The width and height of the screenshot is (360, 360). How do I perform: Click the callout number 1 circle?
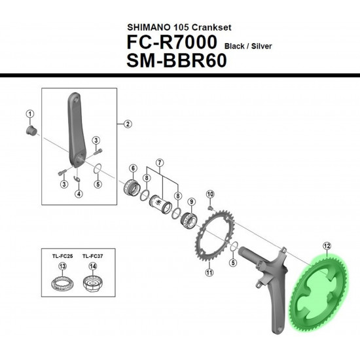tap(30, 114)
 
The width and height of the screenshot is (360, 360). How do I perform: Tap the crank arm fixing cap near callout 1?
tap(31, 131)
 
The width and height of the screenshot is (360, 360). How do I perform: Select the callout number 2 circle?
tap(128, 124)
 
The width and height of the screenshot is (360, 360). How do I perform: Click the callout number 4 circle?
tap(79, 194)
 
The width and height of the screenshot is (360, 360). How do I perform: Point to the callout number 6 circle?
tap(133, 168)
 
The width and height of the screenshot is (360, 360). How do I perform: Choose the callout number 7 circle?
tap(160, 163)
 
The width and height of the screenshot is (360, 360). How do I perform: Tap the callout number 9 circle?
tap(191, 202)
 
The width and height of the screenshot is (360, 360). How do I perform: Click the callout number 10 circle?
tap(210, 194)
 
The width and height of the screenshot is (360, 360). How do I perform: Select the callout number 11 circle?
tap(209, 272)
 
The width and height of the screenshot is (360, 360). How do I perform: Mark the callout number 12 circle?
tap(327, 246)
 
